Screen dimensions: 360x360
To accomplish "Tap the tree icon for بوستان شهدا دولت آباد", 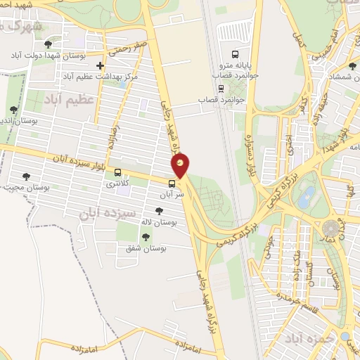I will click(49, 45).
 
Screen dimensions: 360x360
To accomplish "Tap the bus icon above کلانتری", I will click(117, 172).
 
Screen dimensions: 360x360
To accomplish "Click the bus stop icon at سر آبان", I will click(172, 188).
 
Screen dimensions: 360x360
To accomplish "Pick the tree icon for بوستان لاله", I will click(160, 210).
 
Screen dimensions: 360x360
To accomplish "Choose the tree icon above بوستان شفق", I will click(145, 237).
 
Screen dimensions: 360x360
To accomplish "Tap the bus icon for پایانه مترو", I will click(236, 53).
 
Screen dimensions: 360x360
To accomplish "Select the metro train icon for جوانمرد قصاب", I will click(221, 89).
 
